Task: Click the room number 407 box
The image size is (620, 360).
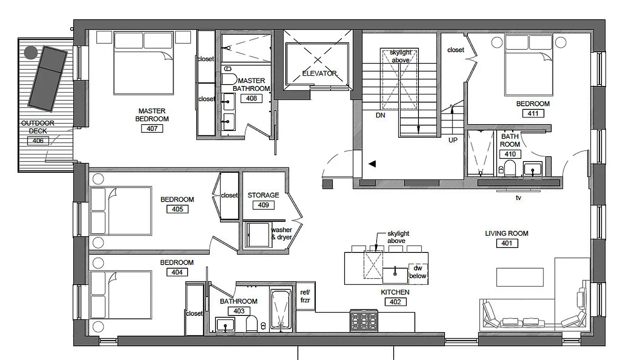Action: (152, 129)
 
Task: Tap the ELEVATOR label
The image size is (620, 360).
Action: (319, 73)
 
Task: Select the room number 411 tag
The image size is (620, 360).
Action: (533, 113)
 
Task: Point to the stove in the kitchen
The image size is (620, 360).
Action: (364, 321)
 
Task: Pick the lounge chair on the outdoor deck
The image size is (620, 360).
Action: (48, 78)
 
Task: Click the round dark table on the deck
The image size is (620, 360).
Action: (31, 53)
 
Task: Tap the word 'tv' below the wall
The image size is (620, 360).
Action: (518, 197)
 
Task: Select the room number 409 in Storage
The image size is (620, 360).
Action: (263, 205)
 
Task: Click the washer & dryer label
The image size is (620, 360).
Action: (281, 234)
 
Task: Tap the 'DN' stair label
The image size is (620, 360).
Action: (381, 115)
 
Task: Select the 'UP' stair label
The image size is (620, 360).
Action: (453, 140)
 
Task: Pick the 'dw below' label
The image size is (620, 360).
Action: (418, 272)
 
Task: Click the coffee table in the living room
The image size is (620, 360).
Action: (520, 277)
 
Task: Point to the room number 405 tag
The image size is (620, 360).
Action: (177, 209)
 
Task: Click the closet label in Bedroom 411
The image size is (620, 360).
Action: (455, 50)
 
